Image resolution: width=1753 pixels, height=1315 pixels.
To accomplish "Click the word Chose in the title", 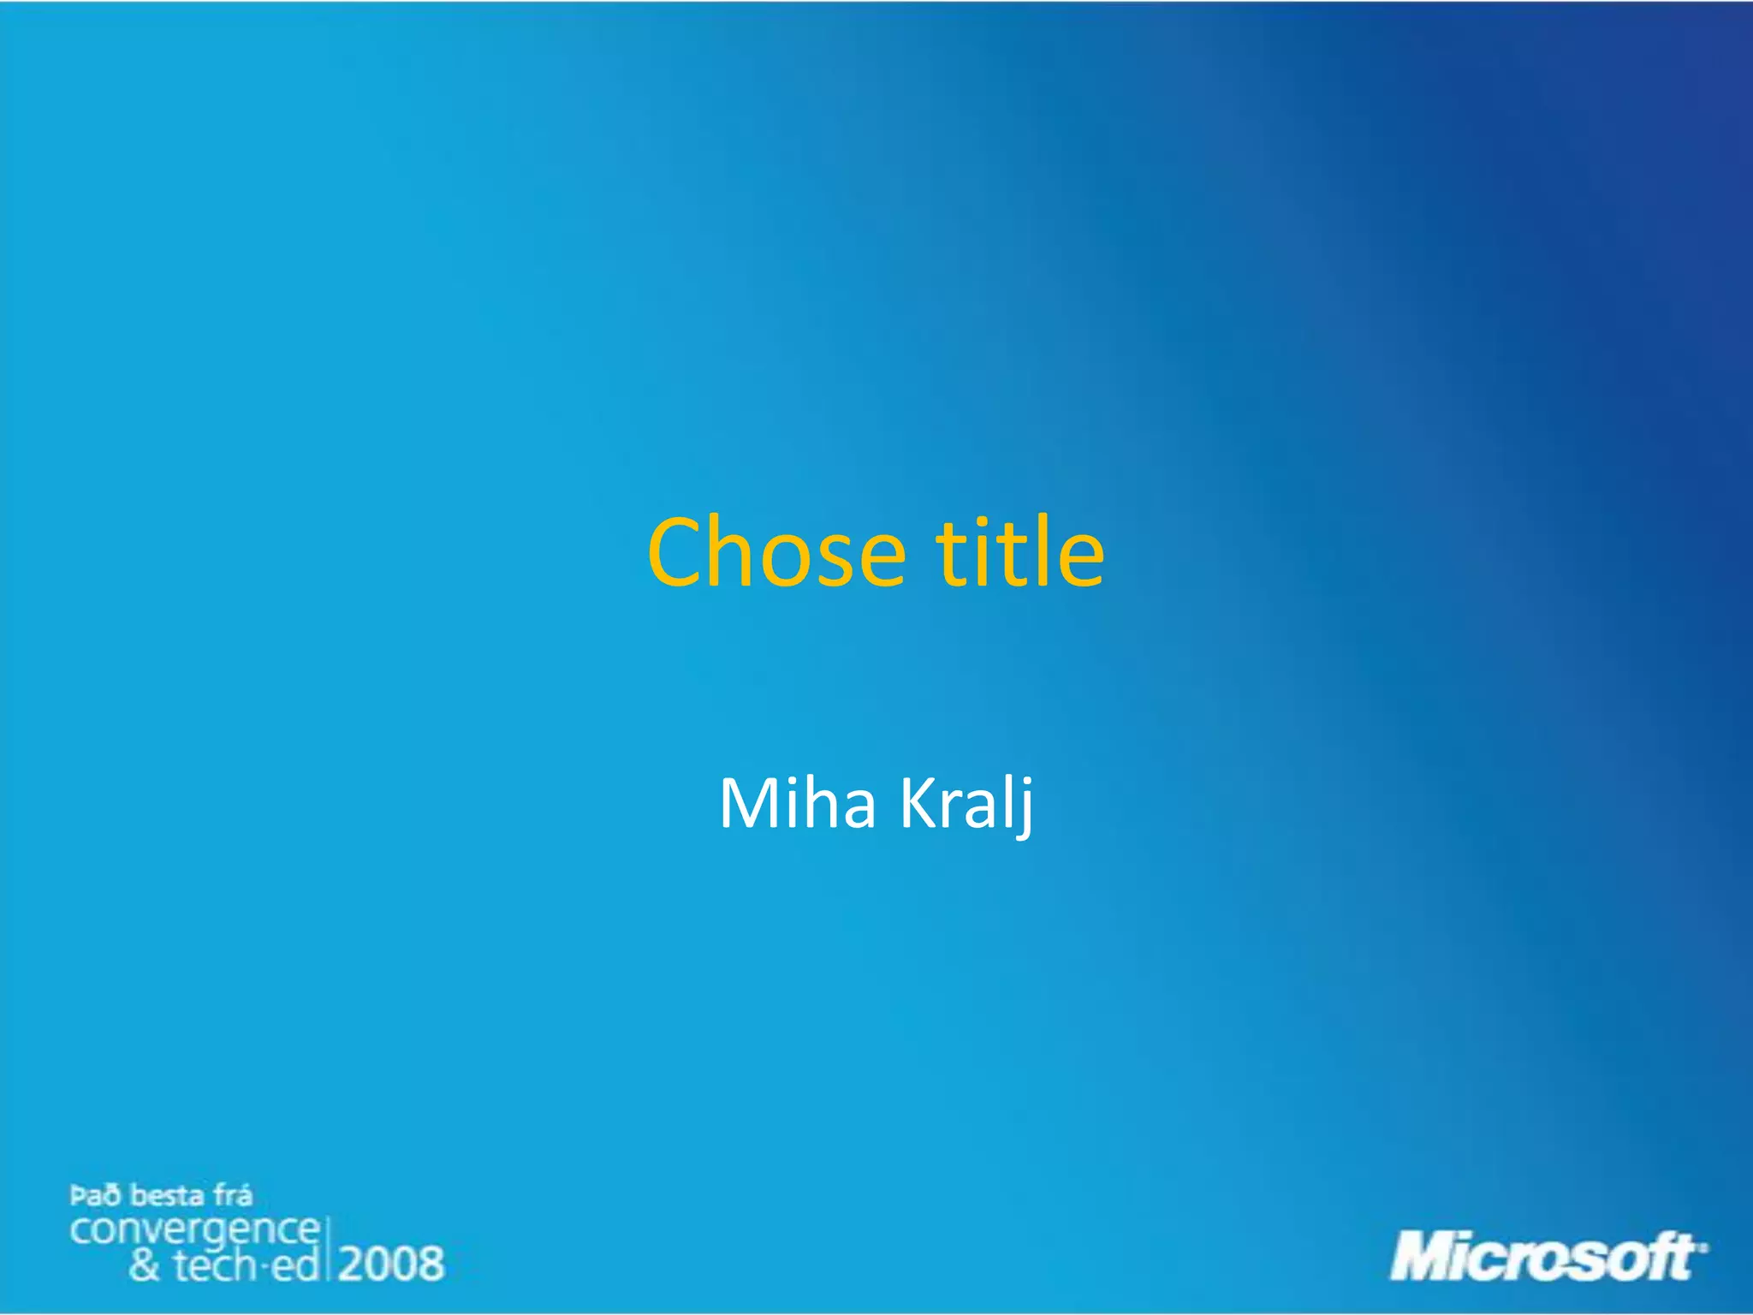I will (x=775, y=553).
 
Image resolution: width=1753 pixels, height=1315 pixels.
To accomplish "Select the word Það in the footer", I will (x=95, y=1195).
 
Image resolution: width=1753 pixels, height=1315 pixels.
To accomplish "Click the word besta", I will (x=167, y=1195).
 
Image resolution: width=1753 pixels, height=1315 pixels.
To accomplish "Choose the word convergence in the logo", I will (x=194, y=1231).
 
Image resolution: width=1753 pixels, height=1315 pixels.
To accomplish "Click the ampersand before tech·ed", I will (x=145, y=1265).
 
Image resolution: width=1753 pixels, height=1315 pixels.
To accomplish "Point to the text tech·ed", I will (x=247, y=1265).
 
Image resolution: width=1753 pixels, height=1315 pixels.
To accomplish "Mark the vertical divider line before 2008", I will (x=328, y=1250).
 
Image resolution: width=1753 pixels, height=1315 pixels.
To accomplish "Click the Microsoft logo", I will (x=1546, y=1257).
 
